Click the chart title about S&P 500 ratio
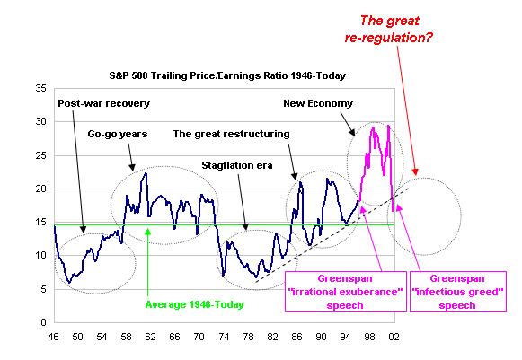point(227,75)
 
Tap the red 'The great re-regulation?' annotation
point(389,30)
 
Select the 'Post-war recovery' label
point(104,103)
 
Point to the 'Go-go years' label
point(118,134)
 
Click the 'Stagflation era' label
point(237,165)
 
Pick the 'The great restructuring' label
point(232,134)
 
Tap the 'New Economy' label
point(318,103)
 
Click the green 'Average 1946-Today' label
point(195,304)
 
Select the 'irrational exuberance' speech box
point(346,292)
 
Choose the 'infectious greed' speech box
point(457,292)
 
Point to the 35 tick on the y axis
point(41,89)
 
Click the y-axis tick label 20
point(41,189)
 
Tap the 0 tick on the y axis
point(43,322)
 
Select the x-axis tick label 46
point(53,337)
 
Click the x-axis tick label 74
point(224,337)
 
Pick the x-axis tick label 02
point(394,337)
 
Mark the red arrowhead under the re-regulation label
point(415,171)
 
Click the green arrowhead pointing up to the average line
point(148,232)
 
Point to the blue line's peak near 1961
point(146,173)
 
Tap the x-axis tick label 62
point(150,337)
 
